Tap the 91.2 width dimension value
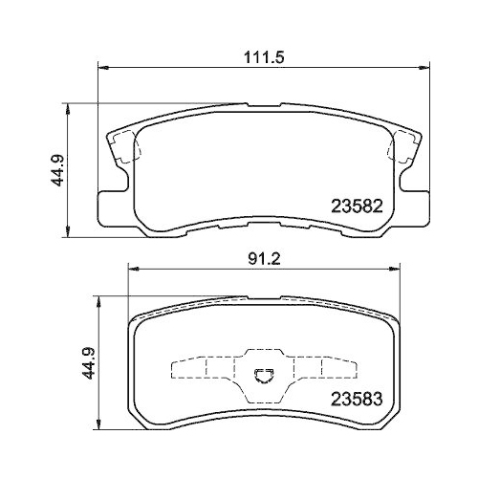(x=262, y=258)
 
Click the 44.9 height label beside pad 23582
(x=56, y=169)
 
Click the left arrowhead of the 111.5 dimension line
(x=104, y=68)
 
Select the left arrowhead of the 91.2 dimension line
(x=132, y=272)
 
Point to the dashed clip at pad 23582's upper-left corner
(x=124, y=146)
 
